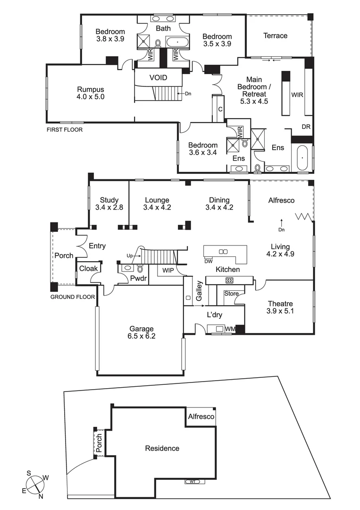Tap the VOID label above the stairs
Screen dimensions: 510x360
(158, 77)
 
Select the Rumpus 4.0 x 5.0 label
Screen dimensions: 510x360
(91, 93)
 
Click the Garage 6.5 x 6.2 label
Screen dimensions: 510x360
(142, 333)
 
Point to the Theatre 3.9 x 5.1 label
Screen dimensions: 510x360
(280, 307)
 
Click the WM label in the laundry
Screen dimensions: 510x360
(231, 328)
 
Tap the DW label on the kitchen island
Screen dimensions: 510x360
(208, 261)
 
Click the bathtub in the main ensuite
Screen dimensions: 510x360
(302, 158)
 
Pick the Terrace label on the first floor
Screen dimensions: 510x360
(275, 36)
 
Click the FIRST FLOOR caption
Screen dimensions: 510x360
(64, 129)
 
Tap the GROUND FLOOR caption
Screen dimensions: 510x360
(73, 297)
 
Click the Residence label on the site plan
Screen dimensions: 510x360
(162, 448)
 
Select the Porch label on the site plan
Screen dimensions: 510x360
(99, 444)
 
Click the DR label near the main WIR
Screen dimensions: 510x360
(306, 127)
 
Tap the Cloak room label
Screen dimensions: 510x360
(88, 268)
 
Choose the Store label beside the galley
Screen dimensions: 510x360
(231, 293)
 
